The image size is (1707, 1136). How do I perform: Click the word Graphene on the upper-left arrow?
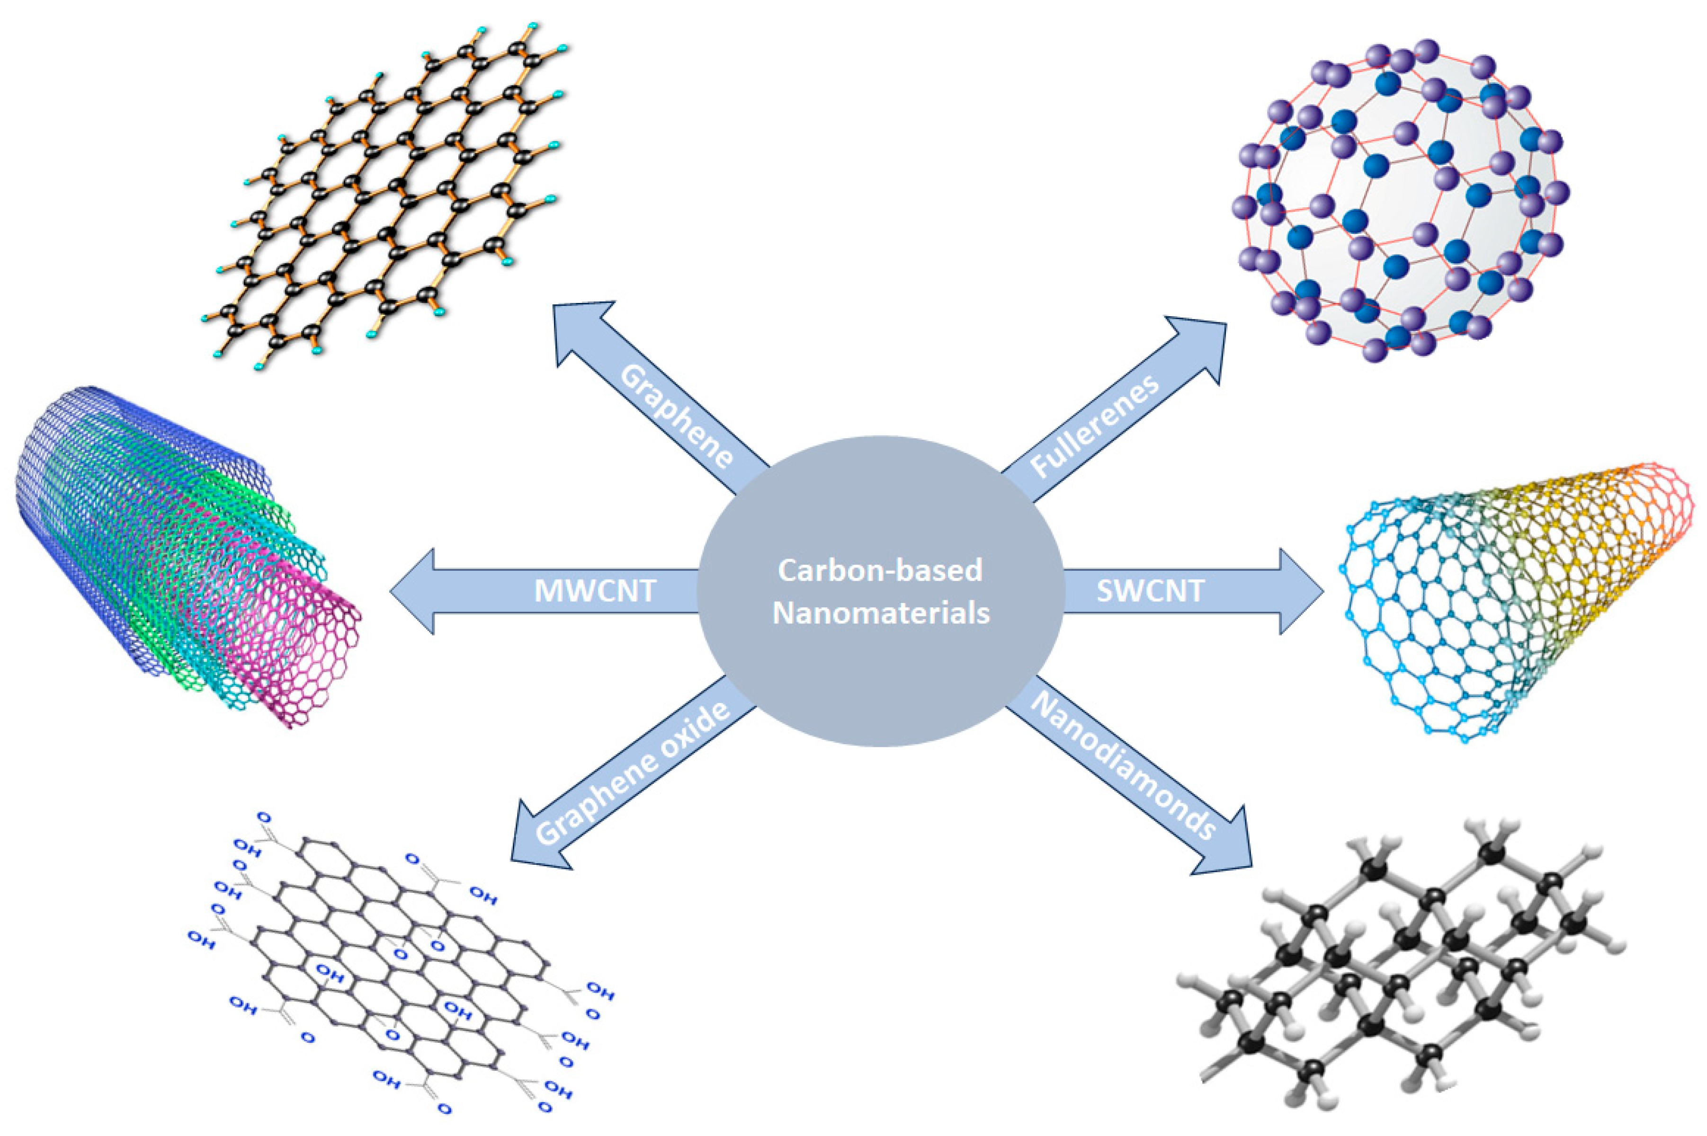click(x=678, y=417)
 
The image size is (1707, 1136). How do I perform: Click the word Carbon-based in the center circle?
click(x=880, y=570)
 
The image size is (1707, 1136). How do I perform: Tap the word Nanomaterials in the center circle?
click(x=880, y=613)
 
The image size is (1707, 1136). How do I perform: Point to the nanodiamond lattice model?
click(x=1398, y=971)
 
